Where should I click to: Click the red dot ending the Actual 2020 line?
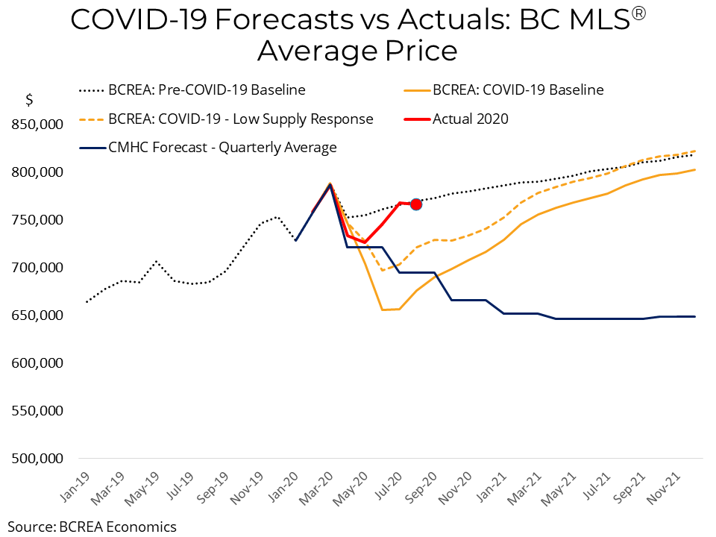click(x=416, y=204)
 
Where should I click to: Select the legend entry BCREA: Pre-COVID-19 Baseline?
click(x=192, y=90)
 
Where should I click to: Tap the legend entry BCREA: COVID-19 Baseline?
click(x=518, y=90)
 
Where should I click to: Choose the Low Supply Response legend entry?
click(x=226, y=119)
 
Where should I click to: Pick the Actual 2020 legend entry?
click(x=470, y=119)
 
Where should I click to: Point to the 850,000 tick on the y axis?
click(x=36, y=125)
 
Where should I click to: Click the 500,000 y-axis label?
click(x=36, y=459)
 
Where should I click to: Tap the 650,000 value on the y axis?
click(x=36, y=315)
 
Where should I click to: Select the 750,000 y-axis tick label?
click(x=36, y=220)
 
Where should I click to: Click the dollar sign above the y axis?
click(x=29, y=100)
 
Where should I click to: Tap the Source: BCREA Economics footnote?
click(x=92, y=527)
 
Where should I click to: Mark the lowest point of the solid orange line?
click(x=383, y=310)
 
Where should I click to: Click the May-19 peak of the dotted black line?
click(x=155, y=261)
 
